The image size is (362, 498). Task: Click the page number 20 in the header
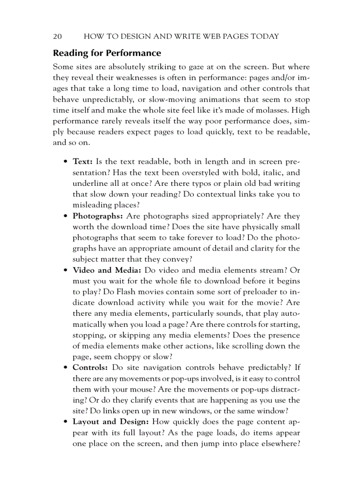coord(57,36)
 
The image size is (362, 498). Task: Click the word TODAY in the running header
coord(264,36)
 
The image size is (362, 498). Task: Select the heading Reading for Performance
coord(107,53)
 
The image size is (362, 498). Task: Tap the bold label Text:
coord(82,162)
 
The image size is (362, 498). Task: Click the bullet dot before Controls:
coord(65,368)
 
